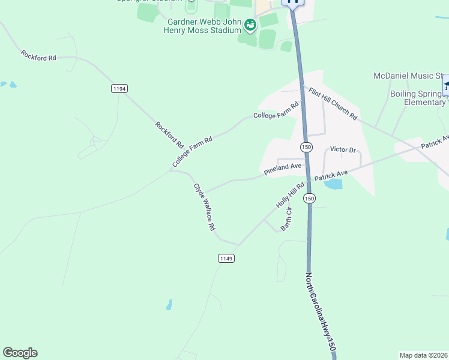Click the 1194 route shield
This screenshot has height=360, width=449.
click(119, 89)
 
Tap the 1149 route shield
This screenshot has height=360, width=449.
click(226, 259)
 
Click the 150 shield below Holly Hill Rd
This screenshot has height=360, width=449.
click(309, 199)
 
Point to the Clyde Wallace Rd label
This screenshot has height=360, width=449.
click(204, 207)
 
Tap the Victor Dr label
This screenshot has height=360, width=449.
click(343, 149)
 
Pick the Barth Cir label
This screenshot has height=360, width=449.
click(287, 219)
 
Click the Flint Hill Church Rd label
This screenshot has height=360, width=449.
click(333, 103)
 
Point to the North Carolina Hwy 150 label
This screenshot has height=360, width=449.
click(319, 312)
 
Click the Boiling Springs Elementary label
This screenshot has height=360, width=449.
click(418, 98)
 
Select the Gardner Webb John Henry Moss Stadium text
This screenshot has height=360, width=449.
click(202, 26)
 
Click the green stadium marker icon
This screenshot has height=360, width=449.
click(250, 24)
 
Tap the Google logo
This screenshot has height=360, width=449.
click(20, 353)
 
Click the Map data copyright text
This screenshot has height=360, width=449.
click(423, 355)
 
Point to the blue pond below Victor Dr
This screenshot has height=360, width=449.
click(333, 184)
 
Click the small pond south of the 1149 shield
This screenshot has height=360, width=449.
click(169, 305)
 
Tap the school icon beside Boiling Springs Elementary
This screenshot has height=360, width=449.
click(447, 85)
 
